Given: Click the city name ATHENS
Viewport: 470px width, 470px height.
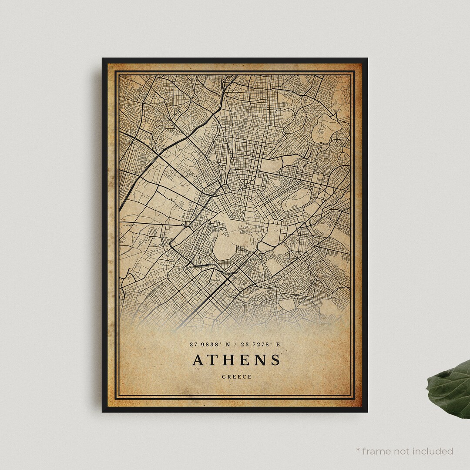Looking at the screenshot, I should pyautogui.click(x=236, y=360).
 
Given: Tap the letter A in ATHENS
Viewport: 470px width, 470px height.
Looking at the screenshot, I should pyautogui.click(x=198, y=360).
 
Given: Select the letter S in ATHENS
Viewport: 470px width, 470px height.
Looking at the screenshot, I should pyautogui.click(x=275, y=360).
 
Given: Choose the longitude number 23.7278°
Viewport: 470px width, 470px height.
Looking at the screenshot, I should pyautogui.click(x=256, y=344).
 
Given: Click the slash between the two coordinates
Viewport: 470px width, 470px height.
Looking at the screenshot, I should pyautogui.click(x=235, y=344).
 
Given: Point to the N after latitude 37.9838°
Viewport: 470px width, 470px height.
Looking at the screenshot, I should pyautogui.click(x=228, y=344).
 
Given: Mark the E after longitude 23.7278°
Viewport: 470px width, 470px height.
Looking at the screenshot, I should pyautogui.click(x=278, y=344).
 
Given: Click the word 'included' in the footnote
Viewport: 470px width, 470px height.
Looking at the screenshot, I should pyautogui.click(x=432, y=451).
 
